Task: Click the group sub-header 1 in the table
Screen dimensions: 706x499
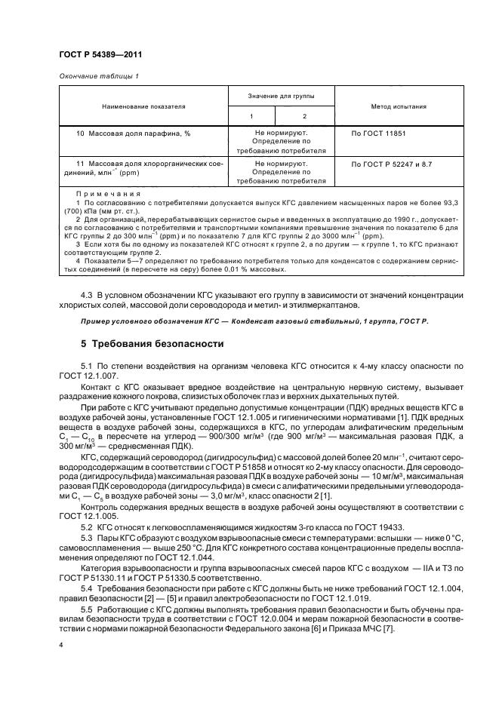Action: [x=252, y=116]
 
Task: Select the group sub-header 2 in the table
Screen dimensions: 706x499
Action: [x=304, y=116]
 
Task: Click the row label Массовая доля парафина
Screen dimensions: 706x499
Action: [x=133, y=133]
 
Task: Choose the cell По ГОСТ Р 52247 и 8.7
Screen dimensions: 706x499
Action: [x=392, y=163]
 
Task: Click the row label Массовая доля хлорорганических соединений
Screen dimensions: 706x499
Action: [x=143, y=167]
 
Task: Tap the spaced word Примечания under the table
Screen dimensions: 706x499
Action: [x=104, y=194]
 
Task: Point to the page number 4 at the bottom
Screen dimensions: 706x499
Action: [x=61, y=645]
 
